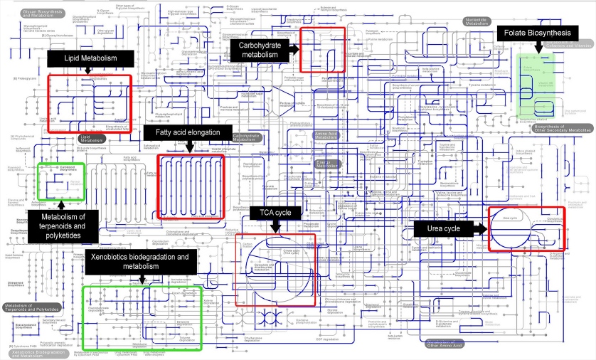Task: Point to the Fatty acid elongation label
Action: (188, 133)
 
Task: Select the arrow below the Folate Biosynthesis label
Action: (539, 46)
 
